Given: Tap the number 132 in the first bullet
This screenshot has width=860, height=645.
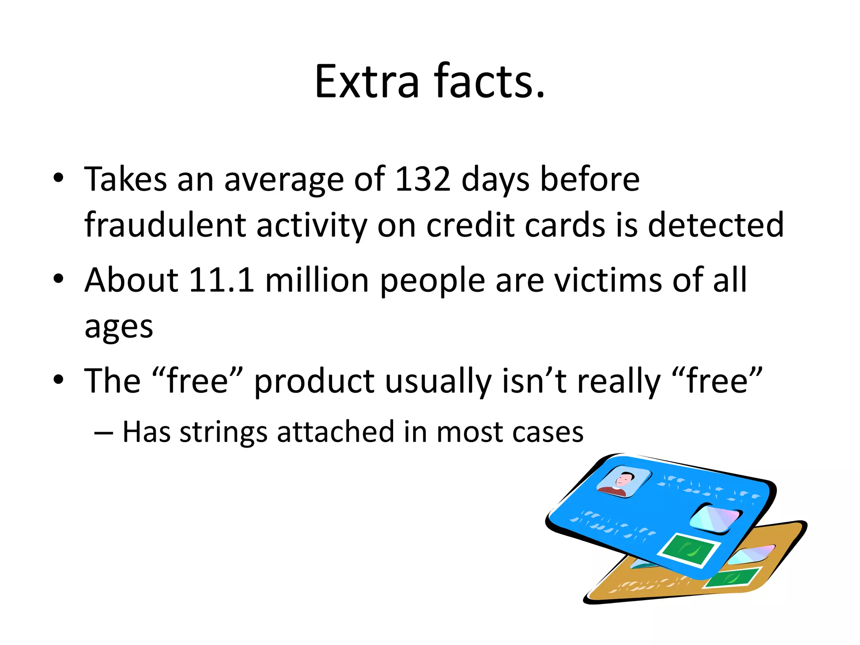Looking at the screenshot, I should (x=423, y=179).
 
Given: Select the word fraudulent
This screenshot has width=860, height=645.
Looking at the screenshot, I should (x=165, y=225).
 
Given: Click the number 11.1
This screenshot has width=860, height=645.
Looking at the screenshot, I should (x=221, y=280).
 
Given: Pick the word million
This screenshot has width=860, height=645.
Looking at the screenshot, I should (x=317, y=280).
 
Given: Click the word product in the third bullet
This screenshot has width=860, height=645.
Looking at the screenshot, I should (x=314, y=381).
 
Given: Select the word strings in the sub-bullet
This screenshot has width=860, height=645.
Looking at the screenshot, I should (x=223, y=432).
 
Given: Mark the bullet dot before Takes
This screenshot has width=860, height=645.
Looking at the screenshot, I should (x=58, y=178).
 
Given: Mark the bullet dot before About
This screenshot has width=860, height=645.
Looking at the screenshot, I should (x=58, y=279).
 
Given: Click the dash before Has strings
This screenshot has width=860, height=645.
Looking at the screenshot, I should (x=103, y=433).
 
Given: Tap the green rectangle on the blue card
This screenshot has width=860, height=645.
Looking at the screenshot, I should (x=689, y=550).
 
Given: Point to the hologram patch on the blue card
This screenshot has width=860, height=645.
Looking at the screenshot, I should (x=716, y=519).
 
